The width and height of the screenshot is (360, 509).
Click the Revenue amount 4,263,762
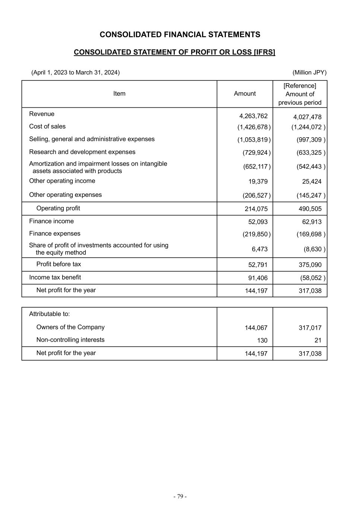coord(253,116)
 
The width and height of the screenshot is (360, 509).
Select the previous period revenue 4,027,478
coord(307,117)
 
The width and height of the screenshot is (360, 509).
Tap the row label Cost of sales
coord(47,126)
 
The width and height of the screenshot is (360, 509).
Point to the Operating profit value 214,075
coord(256,209)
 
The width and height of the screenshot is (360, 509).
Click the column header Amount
coord(245,94)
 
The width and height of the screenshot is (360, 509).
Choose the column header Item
coord(119,94)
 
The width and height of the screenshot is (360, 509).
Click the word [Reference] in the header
coord(300,86)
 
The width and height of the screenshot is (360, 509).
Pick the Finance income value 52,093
coord(258,222)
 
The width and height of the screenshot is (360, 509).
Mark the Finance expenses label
coord(55,233)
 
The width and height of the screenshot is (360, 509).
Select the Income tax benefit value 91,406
coord(258,278)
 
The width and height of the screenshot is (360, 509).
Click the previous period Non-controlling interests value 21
coord(318,340)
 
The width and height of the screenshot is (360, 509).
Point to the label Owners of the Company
coord(70,327)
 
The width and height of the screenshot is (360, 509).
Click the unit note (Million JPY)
coord(309,72)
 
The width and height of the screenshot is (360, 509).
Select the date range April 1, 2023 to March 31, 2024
coord(76,72)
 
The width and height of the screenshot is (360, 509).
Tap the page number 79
coord(180,496)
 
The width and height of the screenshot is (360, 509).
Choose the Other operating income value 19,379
coord(258,182)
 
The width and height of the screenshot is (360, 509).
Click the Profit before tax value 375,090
coord(310,265)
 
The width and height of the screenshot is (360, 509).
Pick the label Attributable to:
coord(50,314)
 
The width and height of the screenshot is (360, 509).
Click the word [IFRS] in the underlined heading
coord(264,52)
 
